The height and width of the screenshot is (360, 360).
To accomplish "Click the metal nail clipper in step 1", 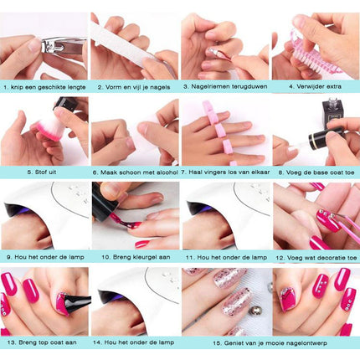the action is click(63, 46).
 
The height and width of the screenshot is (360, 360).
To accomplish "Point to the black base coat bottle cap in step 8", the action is click(328, 136).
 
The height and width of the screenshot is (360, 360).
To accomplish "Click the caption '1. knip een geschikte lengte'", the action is click(44, 87).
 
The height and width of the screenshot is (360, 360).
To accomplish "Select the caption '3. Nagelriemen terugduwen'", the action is click(225, 86).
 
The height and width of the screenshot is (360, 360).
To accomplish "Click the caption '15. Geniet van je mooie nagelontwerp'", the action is click(270, 343).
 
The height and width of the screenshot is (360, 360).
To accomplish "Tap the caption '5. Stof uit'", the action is click(42, 172).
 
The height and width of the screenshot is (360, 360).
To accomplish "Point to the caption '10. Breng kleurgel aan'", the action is click(136, 257).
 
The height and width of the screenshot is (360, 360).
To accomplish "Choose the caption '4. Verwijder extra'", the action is click(315, 86).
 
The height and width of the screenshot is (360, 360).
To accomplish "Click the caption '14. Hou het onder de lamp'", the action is click(133, 342).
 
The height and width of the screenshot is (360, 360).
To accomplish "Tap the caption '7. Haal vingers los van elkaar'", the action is click(225, 172).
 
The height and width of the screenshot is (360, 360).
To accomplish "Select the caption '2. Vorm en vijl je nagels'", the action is click(134, 87).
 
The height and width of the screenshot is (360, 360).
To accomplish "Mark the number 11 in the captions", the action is click(189, 258).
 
